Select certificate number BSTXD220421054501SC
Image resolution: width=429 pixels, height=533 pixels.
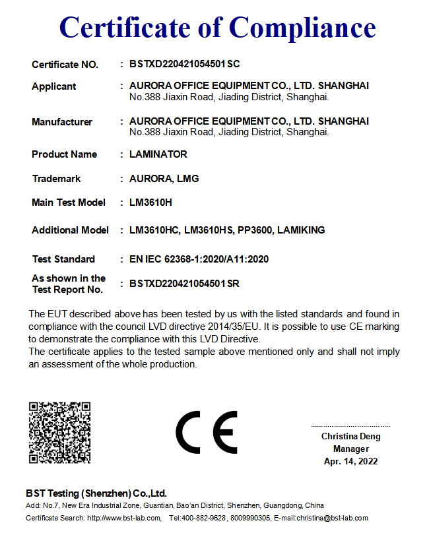click(184, 64)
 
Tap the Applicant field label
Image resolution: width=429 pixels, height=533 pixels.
click(54, 86)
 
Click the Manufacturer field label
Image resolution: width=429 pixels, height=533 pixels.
click(62, 122)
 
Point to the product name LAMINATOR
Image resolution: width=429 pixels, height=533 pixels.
click(158, 154)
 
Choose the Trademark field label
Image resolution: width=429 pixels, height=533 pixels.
click(56, 179)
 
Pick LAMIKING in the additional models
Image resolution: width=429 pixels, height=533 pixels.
click(301, 230)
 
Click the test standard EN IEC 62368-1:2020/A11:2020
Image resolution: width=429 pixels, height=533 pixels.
click(199, 259)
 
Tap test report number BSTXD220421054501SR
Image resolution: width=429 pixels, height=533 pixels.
click(184, 284)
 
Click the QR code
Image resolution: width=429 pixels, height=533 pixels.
click(59, 433)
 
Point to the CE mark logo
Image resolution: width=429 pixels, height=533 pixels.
click(206, 433)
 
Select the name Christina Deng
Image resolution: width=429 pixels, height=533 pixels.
click(350, 437)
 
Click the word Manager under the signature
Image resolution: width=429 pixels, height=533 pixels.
click(350, 449)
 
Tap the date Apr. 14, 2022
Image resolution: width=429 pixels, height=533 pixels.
click(350, 461)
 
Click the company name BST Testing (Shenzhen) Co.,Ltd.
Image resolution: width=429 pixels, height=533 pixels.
click(96, 493)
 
